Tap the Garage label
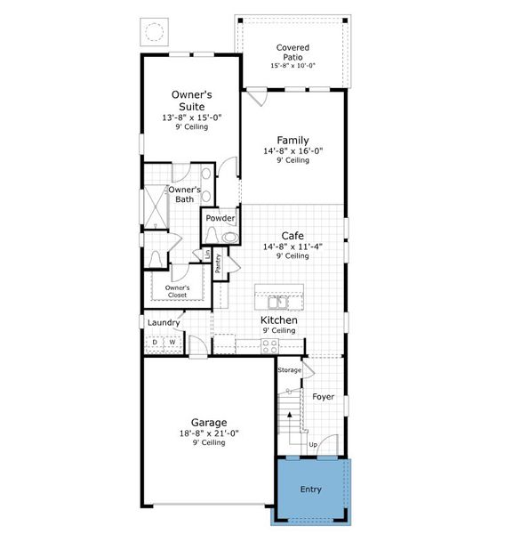point(209,422)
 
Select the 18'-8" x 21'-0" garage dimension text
point(209,433)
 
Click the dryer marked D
point(155,342)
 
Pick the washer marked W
point(172,342)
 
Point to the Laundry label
point(164,322)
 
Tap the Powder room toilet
point(229,237)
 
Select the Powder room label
point(220,218)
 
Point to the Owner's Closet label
point(178,290)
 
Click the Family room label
point(292,140)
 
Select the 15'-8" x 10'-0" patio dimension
point(293,66)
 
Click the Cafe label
point(293,235)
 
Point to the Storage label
point(289,369)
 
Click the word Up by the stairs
point(313,443)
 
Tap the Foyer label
point(324,397)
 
